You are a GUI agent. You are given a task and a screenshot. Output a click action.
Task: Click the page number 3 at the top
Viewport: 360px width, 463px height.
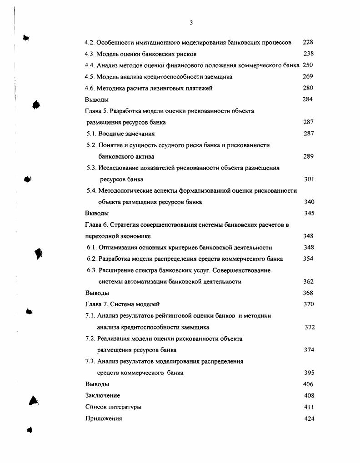click(191, 23)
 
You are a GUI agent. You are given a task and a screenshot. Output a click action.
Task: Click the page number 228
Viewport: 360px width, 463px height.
click(308, 42)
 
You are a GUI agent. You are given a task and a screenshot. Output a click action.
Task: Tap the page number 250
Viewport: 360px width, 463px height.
click(308, 65)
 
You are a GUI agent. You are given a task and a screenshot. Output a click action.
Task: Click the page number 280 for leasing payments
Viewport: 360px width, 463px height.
click(308, 88)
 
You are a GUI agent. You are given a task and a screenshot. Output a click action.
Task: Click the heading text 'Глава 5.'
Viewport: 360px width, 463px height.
click(95, 111)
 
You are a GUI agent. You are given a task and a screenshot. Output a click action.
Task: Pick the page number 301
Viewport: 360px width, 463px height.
click(309, 179)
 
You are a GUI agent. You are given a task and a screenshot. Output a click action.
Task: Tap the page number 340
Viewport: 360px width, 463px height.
click(309, 202)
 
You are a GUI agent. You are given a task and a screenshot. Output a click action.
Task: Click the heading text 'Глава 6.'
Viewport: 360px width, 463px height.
click(95, 225)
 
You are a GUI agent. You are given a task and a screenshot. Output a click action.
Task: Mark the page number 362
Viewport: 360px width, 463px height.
click(308, 282)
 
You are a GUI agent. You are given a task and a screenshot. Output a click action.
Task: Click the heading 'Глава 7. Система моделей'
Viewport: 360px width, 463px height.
click(122, 304)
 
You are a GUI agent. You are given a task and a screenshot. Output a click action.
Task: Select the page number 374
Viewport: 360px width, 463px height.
click(309, 350)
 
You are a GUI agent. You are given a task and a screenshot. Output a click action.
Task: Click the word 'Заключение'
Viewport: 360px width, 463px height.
click(102, 396)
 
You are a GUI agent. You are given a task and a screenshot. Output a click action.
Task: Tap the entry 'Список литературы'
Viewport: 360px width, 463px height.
click(113, 407)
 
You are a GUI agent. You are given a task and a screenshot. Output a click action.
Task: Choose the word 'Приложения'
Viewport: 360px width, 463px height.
click(103, 418)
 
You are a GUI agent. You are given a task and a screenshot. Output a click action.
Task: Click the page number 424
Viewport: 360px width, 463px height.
click(309, 418)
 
